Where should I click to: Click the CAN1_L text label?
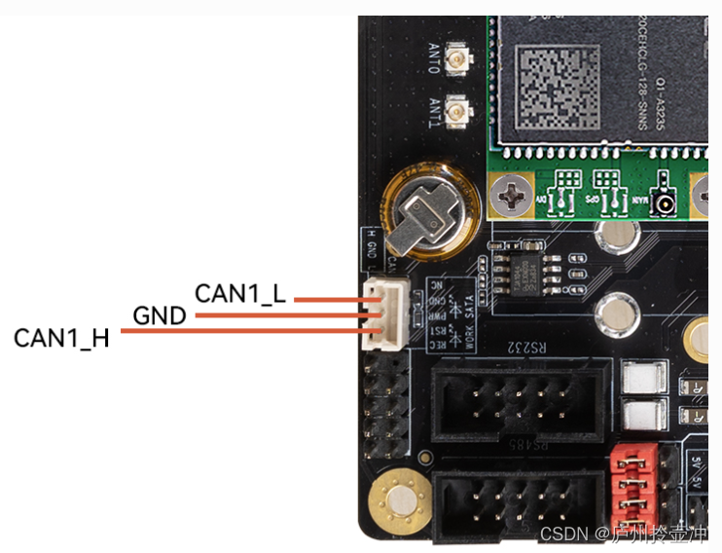[x=240, y=293]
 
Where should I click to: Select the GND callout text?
[x=161, y=315]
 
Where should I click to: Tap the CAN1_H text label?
[x=61, y=338]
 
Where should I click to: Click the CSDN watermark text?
[x=562, y=535]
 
